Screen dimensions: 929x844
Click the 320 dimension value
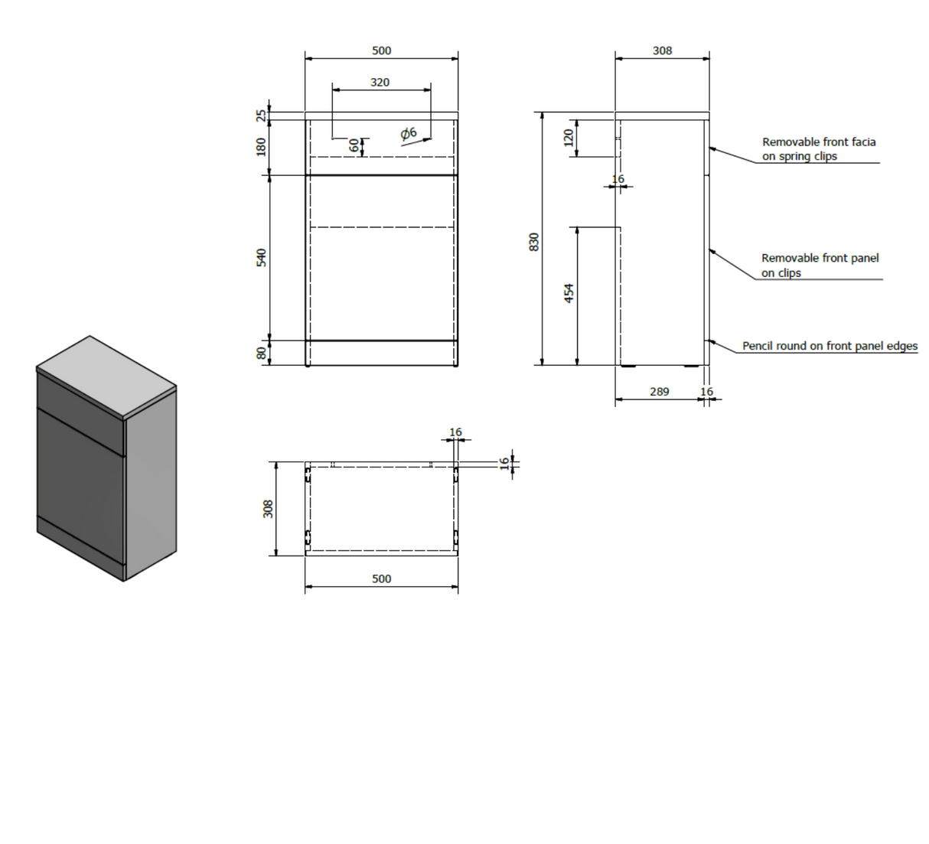pos(380,83)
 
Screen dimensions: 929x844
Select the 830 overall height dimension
pos(534,242)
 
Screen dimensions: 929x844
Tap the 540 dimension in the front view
pos(262,258)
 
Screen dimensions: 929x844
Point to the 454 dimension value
pos(569,293)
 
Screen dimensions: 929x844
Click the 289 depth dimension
pos(660,392)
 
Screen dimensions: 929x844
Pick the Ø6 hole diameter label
pos(409,134)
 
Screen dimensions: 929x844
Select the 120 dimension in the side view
pos(569,138)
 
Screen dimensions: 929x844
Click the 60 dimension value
pos(354,145)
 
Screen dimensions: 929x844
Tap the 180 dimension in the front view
pos(262,147)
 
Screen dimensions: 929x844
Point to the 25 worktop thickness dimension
pos(262,116)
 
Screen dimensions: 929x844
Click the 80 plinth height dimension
pos(262,353)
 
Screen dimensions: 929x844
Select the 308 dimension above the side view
pos(662,51)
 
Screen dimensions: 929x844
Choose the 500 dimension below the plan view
pos(382,579)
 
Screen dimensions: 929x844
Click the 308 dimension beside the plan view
pos(268,509)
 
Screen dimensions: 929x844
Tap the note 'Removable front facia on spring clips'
pos(819,149)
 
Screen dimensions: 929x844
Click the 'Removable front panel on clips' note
pos(820,266)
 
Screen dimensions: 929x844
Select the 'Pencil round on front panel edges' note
pos(830,346)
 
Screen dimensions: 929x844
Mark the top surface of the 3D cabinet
pos(106,375)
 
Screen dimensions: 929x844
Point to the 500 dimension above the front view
pos(382,51)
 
